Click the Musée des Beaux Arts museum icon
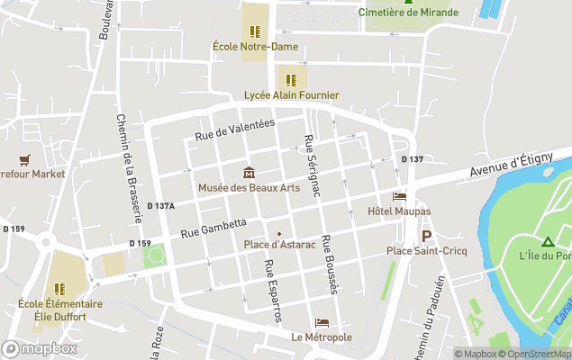coord(248,173)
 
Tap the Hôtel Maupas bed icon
coord(399,196)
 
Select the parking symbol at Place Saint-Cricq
coord(427,236)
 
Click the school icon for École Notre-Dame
coord(255,31)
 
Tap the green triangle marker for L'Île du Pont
coord(547,241)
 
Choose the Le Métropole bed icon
coord(322,323)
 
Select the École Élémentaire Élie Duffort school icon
coord(59,289)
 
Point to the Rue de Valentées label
coord(235,130)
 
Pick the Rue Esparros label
coord(272,291)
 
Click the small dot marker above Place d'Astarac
coord(278,234)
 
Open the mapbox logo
coord(40,348)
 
